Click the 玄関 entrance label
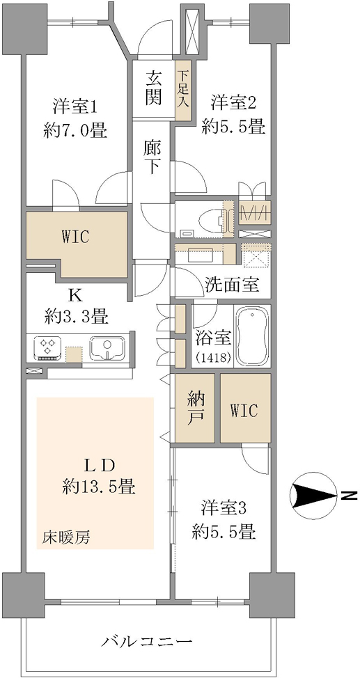pyautogui.click(x=154, y=88)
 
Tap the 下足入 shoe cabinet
pyautogui.click(x=183, y=90)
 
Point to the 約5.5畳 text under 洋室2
pyautogui.click(x=233, y=127)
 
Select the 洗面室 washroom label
pyautogui.click(x=232, y=285)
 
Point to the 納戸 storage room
pyautogui.click(x=195, y=408)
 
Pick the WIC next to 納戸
pyautogui.click(x=245, y=408)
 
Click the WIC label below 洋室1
pyautogui.click(x=76, y=237)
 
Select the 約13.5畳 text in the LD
pyautogui.click(x=99, y=488)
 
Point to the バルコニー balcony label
pyautogui.click(x=147, y=640)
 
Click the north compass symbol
pyautogui.click(x=315, y=494)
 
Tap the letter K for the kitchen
pyautogui.click(x=75, y=296)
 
